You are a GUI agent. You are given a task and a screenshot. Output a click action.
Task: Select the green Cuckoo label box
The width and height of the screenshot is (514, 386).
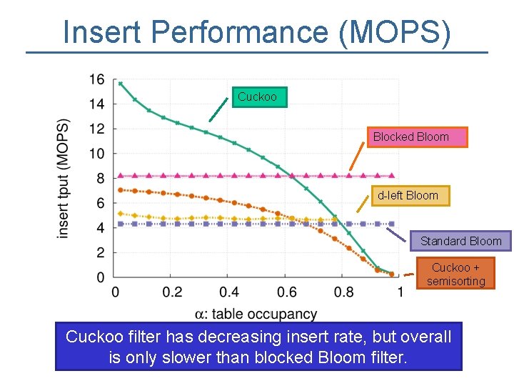click(259, 97)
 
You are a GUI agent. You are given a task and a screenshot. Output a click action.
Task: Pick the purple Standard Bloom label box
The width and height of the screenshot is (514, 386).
click(460, 241)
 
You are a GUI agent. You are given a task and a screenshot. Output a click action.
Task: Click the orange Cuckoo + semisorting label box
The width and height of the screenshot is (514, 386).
click(455, 275)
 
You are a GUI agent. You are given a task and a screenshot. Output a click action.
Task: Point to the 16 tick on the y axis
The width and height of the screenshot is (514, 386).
click(97, 79)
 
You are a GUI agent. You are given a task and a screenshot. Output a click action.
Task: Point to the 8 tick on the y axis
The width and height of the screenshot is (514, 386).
click(100, 178)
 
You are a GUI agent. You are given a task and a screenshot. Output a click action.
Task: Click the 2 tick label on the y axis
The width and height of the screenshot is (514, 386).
click(100, 252)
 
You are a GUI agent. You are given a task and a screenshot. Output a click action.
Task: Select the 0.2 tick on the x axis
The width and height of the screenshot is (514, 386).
click(172, 292)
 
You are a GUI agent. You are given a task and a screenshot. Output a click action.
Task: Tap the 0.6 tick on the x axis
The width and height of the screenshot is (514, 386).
click(286, 292)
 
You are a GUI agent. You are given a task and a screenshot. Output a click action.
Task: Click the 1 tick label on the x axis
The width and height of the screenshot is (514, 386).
click(400, 292)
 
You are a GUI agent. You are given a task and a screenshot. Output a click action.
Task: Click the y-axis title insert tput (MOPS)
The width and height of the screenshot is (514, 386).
click(64, 177)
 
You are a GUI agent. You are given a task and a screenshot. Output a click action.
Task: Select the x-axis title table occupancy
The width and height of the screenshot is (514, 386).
click(256, 314)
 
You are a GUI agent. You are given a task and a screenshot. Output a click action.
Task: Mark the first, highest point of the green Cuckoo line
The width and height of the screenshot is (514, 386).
click(121, 84)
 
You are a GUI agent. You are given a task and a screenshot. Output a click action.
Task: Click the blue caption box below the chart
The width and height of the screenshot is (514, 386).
click(258, 347)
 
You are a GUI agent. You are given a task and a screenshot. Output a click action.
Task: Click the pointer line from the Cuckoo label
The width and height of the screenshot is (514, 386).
click(221, 109)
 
